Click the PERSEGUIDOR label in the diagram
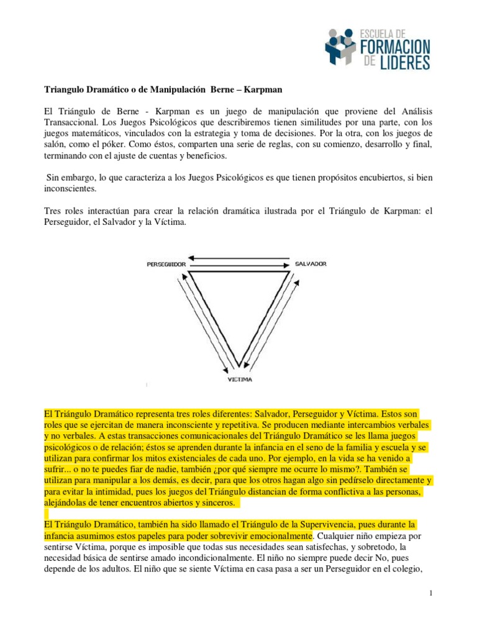167,263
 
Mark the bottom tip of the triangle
238,367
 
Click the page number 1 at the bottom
430,594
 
